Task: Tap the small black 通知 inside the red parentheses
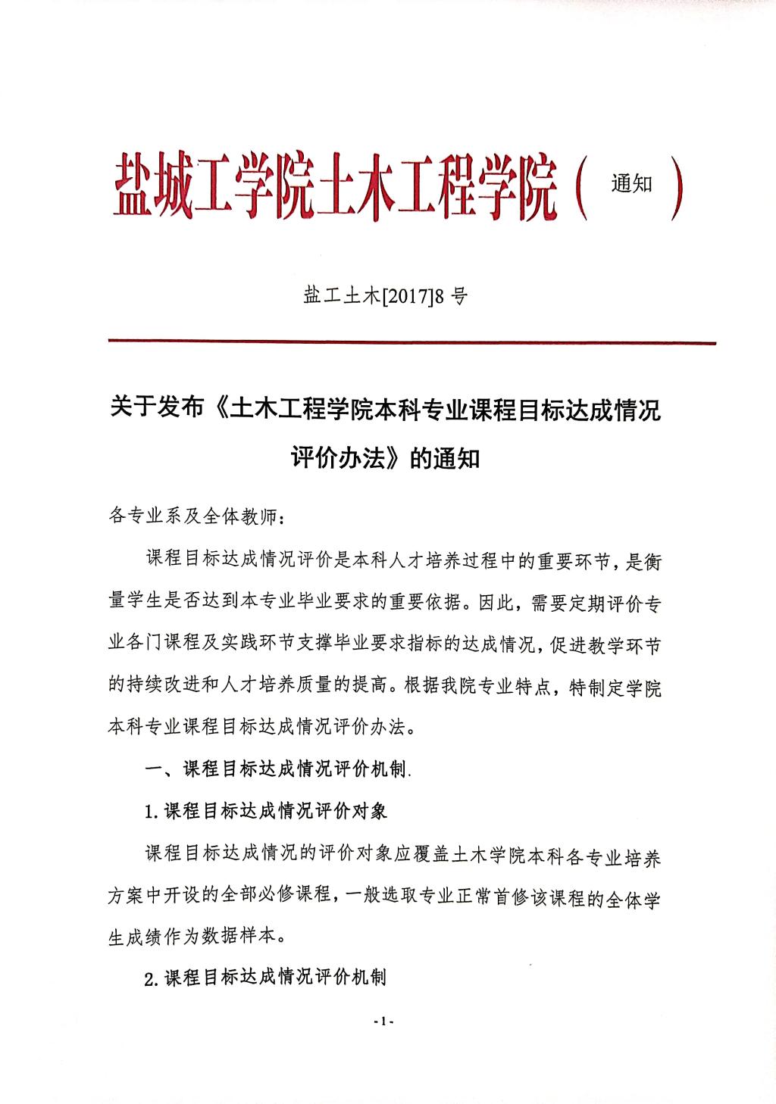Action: [x=631, y=183]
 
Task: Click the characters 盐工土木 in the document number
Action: [x=340, y=296]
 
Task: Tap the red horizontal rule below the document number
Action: [x=411, y=342]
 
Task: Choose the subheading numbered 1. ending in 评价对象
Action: [x=266, y=811]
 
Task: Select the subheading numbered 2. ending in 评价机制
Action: [x=266, y=977]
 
